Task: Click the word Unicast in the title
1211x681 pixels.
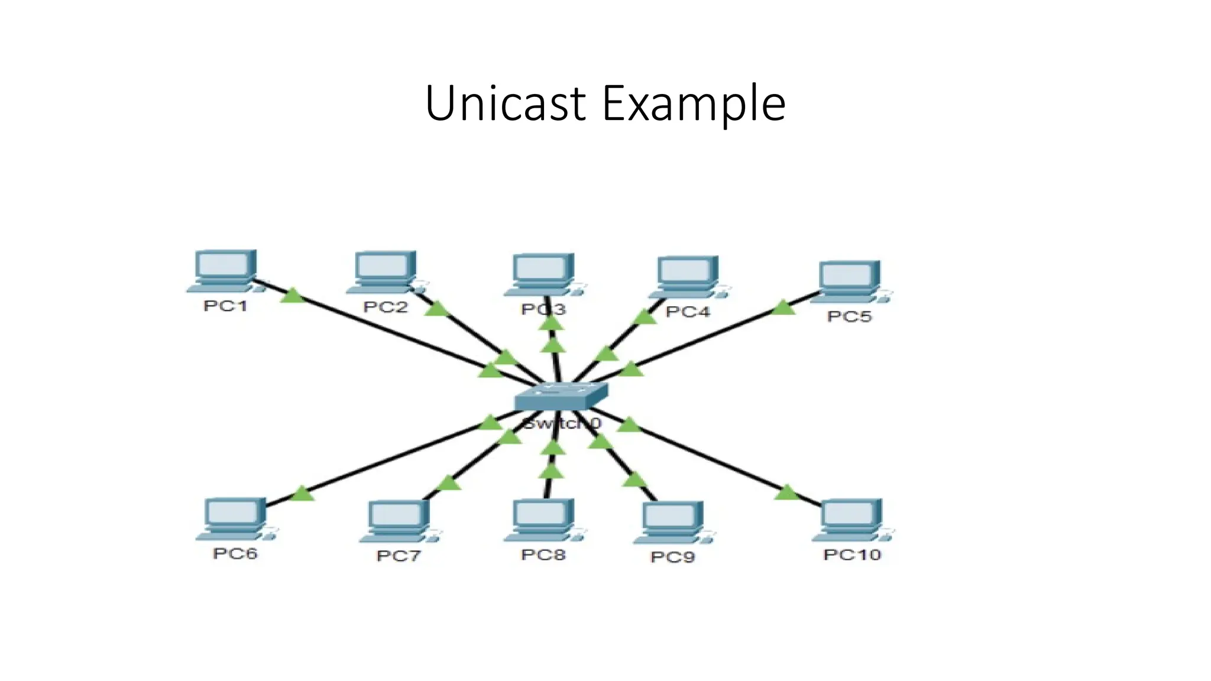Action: pos(504,103)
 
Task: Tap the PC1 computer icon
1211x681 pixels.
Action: pos(224,271)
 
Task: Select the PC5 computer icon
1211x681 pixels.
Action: pos(850,282)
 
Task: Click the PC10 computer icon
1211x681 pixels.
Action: pos(851,520)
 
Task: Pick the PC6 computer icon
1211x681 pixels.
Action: pos(235,519)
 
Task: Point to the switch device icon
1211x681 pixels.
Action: pos(561,396)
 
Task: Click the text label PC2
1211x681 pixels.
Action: pos(385,307)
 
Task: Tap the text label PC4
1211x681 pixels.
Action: pos(687,312)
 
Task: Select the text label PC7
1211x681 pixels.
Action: pos(398,556)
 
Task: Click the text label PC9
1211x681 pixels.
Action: pos(672,557)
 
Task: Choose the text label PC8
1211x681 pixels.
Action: pos(543,554)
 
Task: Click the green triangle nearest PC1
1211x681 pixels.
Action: pos(292,296)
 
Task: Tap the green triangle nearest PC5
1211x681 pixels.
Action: pos(783,308)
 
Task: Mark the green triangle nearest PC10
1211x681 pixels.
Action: pos(786,492)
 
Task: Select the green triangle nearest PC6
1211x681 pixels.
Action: pos(302,493)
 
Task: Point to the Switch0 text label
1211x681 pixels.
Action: pos(561,423)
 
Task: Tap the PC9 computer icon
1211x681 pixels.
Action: pos(673,522)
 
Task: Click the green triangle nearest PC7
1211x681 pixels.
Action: pos(449,483)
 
